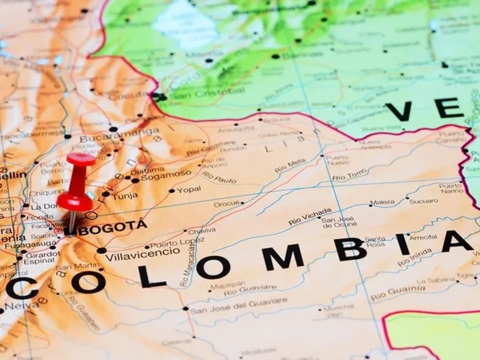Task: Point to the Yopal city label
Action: (189, 189)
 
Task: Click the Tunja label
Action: (125, 195)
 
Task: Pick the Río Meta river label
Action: (290, 165)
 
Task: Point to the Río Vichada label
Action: (310, 216)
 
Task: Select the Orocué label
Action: (226, 204)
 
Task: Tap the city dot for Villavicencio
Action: (101, 250)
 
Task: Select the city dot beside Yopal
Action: (172, 191)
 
